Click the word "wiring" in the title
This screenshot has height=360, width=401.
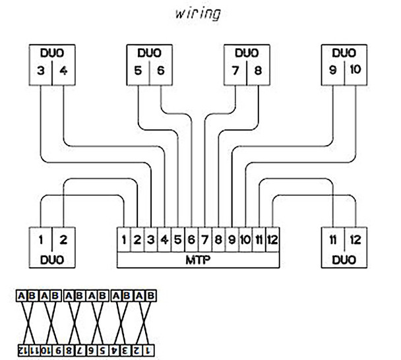coord(198,14)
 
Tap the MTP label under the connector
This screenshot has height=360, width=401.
coord(198,260)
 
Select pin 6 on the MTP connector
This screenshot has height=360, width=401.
coord(191,240)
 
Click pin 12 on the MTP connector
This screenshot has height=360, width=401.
coord(272,240)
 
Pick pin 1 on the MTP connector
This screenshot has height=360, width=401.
coord(124,240)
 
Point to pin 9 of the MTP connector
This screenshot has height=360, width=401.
coord(231,240)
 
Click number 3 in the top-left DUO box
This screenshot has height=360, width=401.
coord(41,71)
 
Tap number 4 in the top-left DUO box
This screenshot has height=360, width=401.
coord(63,71)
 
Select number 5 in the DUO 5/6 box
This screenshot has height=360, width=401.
coord(138,71)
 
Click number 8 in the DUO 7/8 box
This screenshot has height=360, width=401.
coord(258,71)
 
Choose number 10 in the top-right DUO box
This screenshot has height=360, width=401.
coord(355,69)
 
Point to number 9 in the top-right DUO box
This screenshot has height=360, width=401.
coord(332,69)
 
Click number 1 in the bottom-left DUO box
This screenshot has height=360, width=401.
coord(41,240)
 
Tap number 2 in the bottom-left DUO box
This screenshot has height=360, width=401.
coord(63,240)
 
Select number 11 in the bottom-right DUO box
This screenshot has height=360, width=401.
coord(332,240)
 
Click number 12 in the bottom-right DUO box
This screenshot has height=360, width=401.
coord(355,240)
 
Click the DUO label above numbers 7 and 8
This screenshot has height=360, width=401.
coord(247,53)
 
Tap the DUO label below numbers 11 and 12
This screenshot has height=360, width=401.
coord(344,260)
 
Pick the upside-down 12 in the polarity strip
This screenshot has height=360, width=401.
coord(23,351)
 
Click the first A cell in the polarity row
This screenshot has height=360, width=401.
coord(21,296)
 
